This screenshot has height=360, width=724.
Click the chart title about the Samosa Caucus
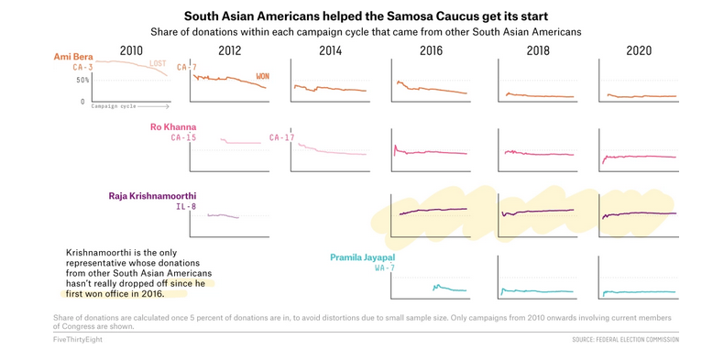[361, 16]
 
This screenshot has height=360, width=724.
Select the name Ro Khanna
[172, 126]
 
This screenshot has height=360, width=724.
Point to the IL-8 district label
[186, 207]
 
